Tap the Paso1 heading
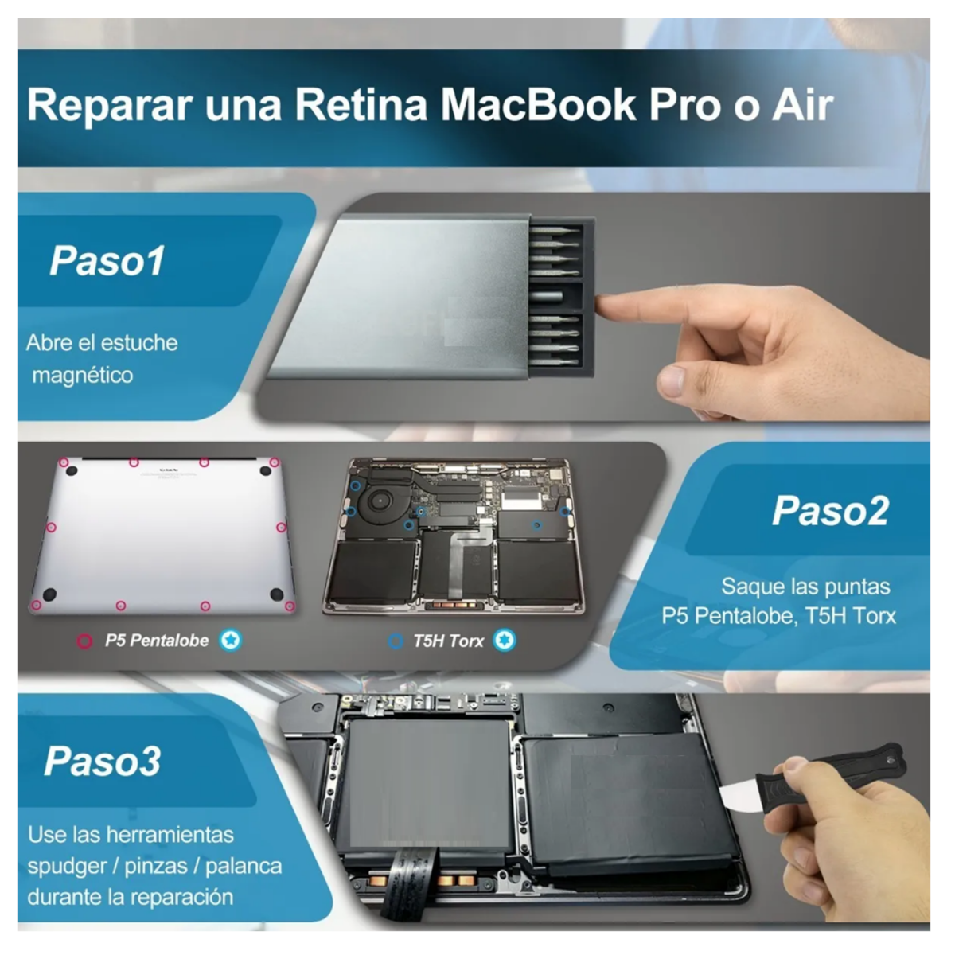107,260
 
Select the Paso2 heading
829,510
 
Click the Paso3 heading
102,761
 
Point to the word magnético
82,375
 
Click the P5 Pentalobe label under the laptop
156,641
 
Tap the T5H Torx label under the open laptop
447,641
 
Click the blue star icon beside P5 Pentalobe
231,640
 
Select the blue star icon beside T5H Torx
504,640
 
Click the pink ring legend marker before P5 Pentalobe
84,641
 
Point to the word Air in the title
802,105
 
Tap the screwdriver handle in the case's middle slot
556,295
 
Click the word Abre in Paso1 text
49,343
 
